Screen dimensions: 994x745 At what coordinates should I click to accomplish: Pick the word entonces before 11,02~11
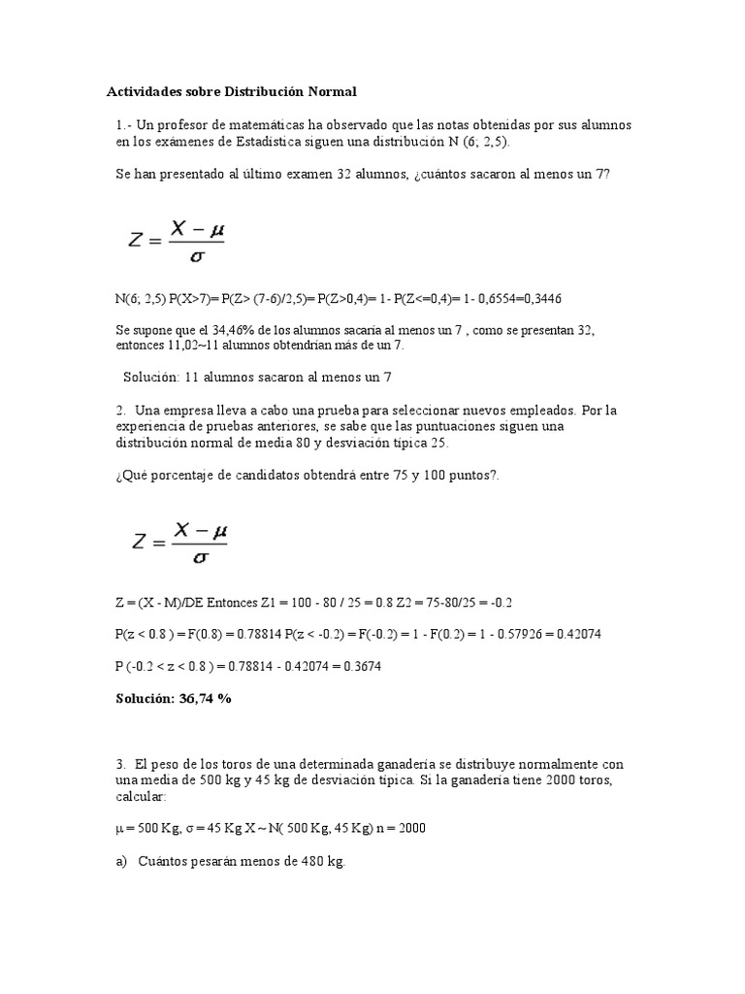[141, 345]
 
